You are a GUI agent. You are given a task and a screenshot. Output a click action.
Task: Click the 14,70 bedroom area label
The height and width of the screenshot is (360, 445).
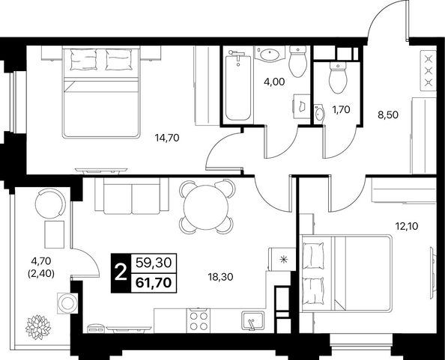click(167, 138)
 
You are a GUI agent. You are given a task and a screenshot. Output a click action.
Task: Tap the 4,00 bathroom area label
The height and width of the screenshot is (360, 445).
click(274, 82)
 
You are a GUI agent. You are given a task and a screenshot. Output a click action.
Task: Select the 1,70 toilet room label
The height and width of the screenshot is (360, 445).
click(341, 109)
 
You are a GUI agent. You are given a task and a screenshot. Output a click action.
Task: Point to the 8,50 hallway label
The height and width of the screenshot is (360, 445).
click(388, 115)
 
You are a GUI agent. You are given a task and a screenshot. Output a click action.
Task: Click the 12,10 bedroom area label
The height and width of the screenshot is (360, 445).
click(407, 226)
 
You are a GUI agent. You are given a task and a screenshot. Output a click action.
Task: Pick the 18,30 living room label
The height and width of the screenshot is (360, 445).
click(220, 277)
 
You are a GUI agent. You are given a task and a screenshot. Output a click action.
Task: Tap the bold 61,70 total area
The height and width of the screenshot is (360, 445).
click(154, 283)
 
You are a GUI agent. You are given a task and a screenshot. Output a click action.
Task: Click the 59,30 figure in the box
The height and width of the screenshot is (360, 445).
click(154, 263)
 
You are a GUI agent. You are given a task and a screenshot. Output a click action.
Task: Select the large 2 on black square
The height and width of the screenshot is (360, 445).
click(121, 273)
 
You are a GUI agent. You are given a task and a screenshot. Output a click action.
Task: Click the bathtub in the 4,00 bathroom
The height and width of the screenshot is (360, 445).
click(238, 88)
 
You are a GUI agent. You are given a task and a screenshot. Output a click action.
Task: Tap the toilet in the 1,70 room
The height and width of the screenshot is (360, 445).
click(338, 79)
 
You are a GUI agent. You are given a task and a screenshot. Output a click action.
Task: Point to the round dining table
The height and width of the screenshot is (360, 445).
click(206, 207)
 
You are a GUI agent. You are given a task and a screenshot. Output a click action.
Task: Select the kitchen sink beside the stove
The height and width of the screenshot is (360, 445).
click(253, 320)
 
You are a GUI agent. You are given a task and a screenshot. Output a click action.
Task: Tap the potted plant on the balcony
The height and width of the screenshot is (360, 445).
click(38, 327)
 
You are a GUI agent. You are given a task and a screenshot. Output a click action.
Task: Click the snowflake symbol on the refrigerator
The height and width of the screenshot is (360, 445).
click(283, 259)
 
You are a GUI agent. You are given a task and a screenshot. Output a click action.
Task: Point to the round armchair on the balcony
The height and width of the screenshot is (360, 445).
click(50, 204)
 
